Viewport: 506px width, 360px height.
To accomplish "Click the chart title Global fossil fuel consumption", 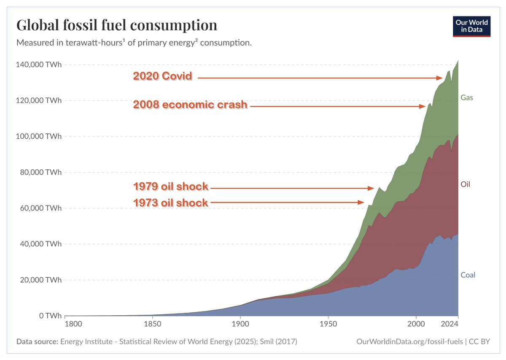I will click(x=117, y=25).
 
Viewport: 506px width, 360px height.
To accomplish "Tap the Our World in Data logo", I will click(x=471, y=26).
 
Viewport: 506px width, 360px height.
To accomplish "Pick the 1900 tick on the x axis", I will click(x=240, y=325).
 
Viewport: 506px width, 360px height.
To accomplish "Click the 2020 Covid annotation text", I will click(x=163, y=76).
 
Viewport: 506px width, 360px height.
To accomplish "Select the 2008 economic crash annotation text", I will click(x=190, y=105).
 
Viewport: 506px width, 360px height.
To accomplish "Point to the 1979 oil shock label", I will click(x=171, y=187).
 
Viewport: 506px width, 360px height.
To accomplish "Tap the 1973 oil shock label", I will click(x=171, y=203).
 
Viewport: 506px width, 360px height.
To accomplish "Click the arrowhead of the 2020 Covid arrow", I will click(x=439, y=78).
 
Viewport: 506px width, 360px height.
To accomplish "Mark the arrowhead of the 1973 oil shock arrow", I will click(x=361, y=203).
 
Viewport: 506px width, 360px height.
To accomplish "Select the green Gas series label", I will click(x=467, y=97).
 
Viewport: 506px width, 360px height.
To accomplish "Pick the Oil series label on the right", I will click(x=466, y=184).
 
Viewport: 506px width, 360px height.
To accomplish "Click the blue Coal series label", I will click(x=468, y=275).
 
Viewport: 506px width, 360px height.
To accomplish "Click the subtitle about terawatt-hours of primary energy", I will click(x=134, y=43).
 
